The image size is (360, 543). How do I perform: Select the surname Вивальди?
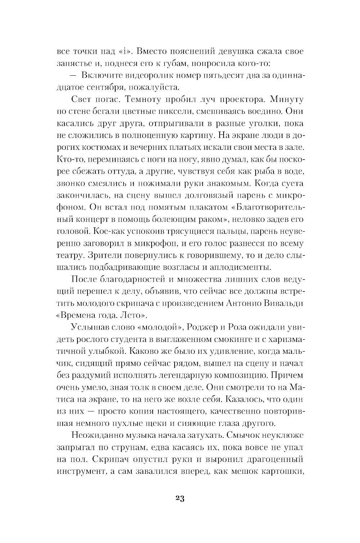[x=284, y=303]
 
